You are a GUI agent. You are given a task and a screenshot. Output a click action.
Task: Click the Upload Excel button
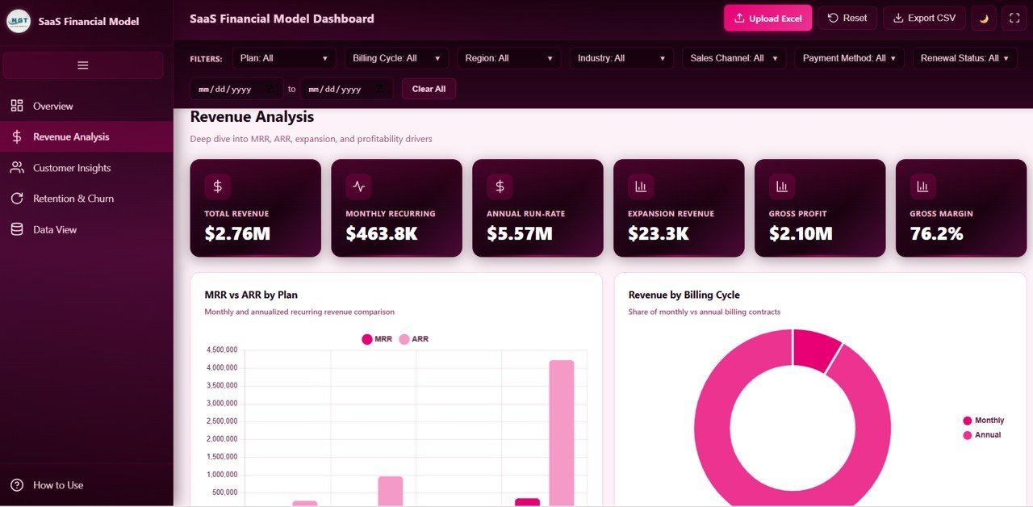tap(767, 18)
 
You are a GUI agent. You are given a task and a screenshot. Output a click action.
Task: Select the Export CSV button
tap(924, 18)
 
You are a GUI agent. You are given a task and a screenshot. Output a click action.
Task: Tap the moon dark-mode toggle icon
tap(984, 18)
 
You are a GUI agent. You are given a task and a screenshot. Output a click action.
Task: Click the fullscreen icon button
tap(1014, 18)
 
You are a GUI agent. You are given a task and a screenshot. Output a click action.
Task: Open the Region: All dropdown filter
tap(508, 58)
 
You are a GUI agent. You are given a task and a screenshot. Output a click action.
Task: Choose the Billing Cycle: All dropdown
tap(395, 58)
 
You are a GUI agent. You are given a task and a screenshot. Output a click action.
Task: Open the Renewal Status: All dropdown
tap(964, 58)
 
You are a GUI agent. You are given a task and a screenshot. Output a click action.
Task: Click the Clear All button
tap(429, 89)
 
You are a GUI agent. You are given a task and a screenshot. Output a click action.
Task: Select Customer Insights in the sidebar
tap(72, 168)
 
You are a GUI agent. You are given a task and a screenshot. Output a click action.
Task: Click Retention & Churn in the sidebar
tap(73, 199)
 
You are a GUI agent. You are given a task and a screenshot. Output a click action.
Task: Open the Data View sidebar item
tap(55, 229)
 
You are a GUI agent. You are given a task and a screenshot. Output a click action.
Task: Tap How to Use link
tap(57, 485)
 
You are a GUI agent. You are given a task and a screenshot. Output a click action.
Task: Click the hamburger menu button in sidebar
tap(82, 65)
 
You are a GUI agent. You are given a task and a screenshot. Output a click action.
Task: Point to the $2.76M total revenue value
tap(237, 234)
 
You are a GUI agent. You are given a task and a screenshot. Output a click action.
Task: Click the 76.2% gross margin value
tap(936, 234)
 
